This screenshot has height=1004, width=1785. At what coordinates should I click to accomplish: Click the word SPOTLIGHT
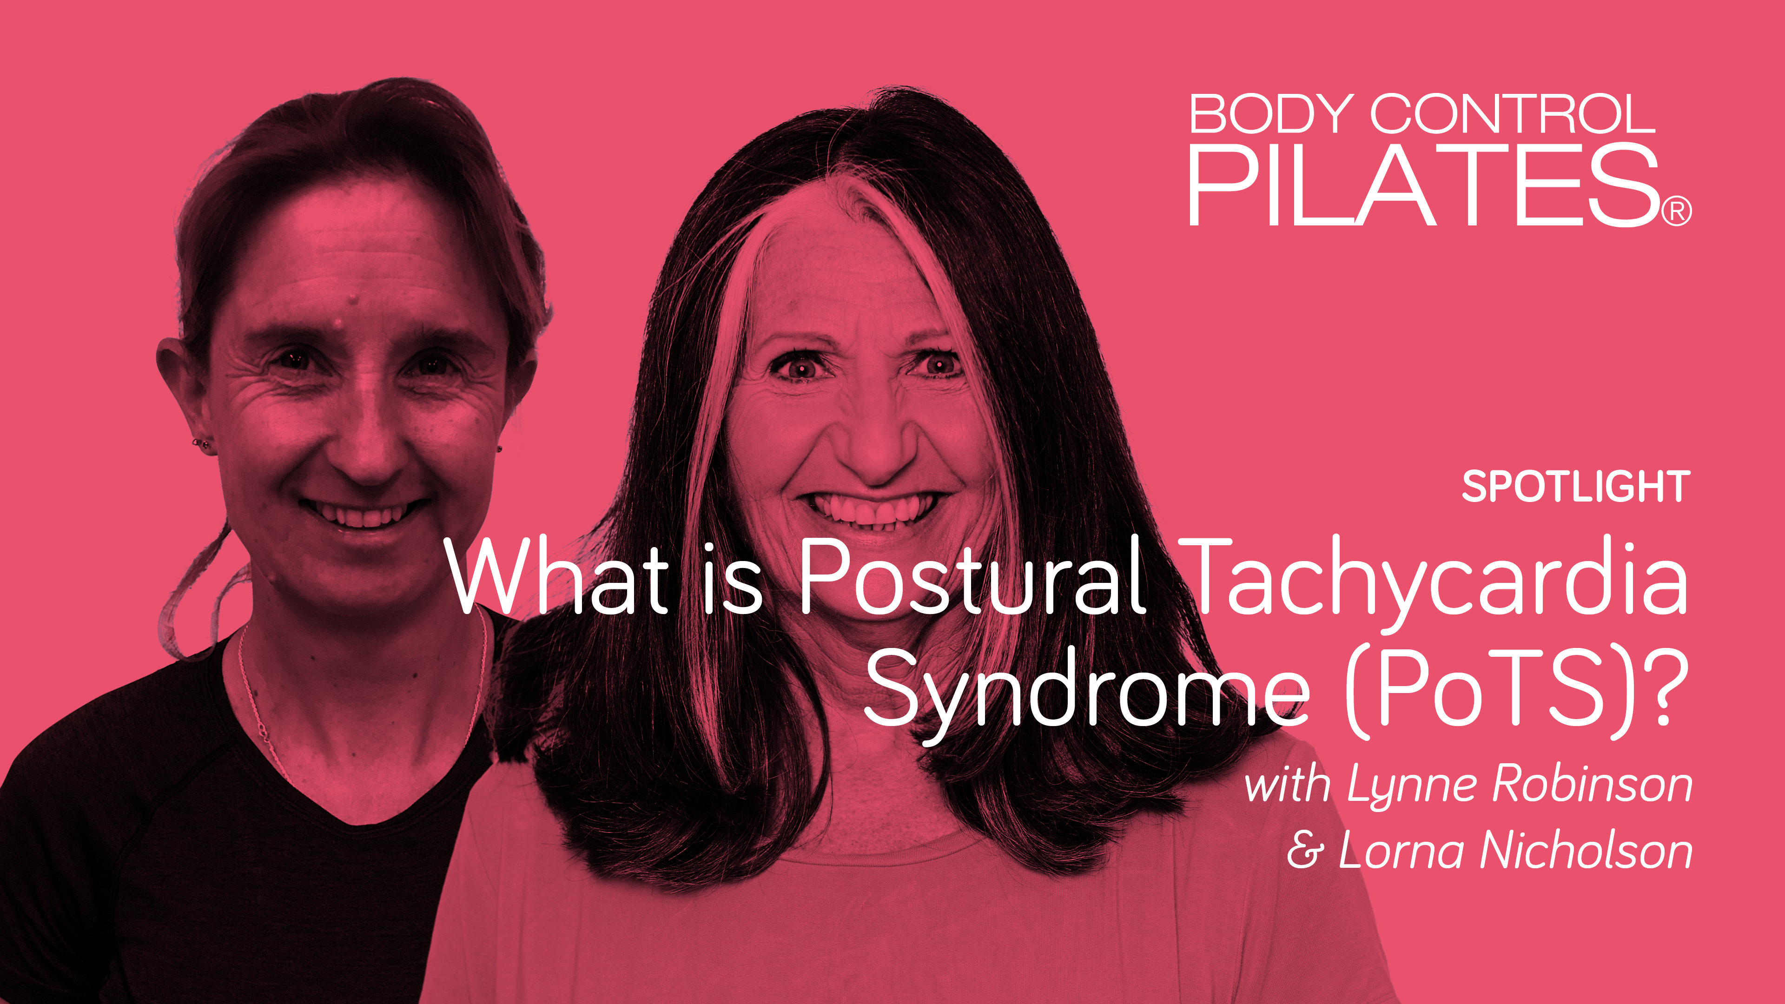(1575, 487)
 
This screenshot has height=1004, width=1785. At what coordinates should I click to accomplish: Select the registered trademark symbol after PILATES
(1677, 211)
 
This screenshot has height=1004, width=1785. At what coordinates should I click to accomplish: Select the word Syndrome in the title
(1085, 689)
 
